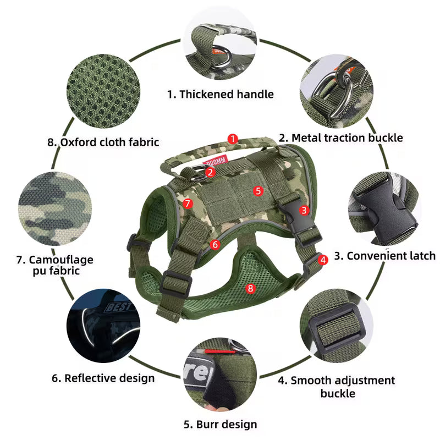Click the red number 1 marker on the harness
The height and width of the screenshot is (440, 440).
(x=233, y=139)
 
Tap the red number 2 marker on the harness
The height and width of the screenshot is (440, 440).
(x=210, y=172)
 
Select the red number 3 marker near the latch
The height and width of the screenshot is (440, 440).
(x=304, y=210)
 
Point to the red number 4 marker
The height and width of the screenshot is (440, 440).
(x=323, y=259)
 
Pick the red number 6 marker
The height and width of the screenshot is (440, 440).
(x=215, y=244)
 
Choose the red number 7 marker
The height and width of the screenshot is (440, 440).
(x=188, y=204)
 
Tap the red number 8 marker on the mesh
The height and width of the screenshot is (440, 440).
(x=251, y=288)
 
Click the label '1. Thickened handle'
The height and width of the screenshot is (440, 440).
(x=220, y=94)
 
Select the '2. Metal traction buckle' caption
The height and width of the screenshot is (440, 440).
(x=341, y=137)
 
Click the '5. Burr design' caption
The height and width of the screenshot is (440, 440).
(x=220, y=424)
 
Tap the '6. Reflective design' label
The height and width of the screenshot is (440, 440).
(x=103, y=378)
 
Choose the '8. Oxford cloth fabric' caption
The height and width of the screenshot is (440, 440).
(x=103, y=142)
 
